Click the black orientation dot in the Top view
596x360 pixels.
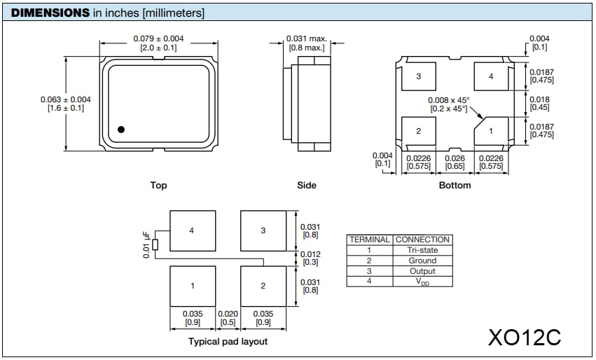(x=121, y=129)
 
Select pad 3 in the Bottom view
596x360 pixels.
(x=418, y=76)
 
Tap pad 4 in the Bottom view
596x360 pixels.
(x=491, y=76)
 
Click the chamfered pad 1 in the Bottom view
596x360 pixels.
(x=491, y=131)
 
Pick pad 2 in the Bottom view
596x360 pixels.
(x=418, y=131)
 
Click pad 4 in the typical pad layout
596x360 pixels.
(x=192, y=230)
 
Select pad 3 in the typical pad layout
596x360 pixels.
(x=263, y=230)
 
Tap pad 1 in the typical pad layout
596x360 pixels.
(x=192, y=286)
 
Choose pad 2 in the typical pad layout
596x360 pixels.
(x=263, y=286)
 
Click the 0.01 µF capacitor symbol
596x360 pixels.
(x=155, y=245)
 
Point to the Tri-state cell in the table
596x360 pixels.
(x=422, y=250)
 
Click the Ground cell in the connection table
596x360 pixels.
(x=422, y=261)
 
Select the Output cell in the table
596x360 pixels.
(x=422, y=271)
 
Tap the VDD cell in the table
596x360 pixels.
(x=422, y=282)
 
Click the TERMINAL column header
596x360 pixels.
(x=369, y=240)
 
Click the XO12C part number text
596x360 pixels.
(x=525, y=336)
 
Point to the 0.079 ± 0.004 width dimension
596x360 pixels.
(x=158, y=38)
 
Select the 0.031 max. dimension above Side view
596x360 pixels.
(x=307, y=38)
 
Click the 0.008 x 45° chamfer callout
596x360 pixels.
(x=449, y=100)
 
